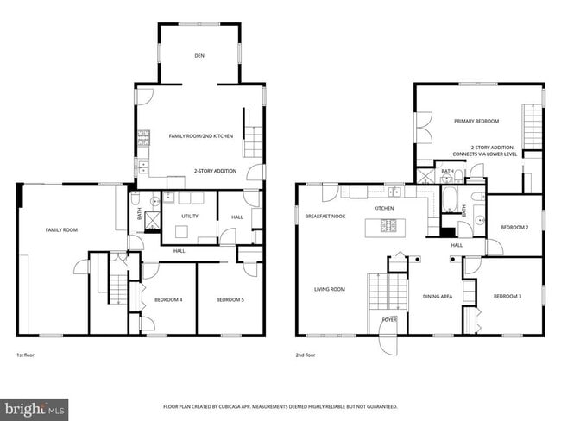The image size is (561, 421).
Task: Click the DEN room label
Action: (199, 57)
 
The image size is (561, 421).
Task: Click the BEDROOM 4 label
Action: (168, 299)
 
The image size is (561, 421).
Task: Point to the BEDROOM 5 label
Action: (230, 299)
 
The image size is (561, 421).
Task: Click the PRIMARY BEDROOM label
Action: (476, 122)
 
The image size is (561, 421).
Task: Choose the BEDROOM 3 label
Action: (507, 297)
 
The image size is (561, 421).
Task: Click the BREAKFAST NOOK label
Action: (325, 217)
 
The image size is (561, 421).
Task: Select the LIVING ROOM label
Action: (330, 290)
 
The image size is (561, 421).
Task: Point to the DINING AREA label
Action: (438, 297)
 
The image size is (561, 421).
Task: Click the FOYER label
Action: (390, 320)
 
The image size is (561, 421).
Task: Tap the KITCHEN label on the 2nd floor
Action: (384, 209)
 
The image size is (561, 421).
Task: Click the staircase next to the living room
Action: (381, 294)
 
